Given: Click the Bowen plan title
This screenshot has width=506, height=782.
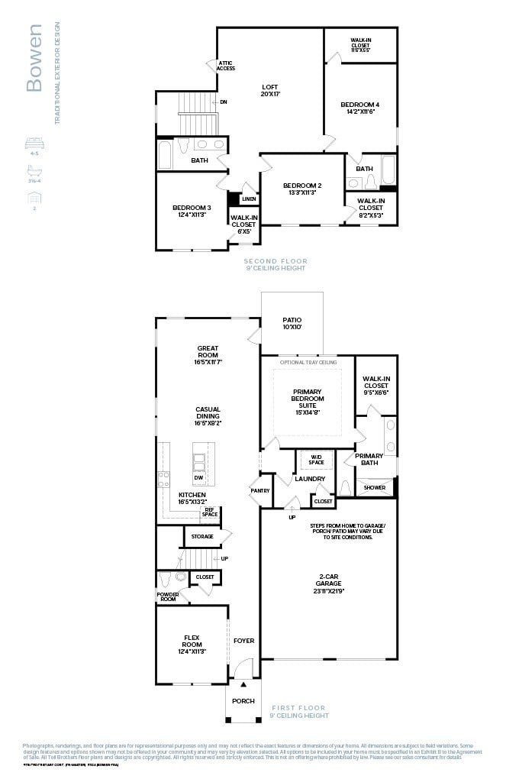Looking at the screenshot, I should coord(34,58).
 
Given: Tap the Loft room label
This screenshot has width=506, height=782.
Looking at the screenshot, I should coord(271,89).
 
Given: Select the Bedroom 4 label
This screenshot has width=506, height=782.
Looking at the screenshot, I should coord(360,108).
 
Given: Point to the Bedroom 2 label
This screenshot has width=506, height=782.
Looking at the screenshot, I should coord(302,189).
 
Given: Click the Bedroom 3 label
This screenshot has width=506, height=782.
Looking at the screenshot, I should coord(192,212).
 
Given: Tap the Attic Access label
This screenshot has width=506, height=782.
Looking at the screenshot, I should coord(226,66).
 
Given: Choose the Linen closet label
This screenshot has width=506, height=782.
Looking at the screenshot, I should coord(248,199).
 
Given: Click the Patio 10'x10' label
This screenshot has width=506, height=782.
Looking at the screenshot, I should coord(292,324).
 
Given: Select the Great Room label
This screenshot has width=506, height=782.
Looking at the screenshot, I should coord(208,352).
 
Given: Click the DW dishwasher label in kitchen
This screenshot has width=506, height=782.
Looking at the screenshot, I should coord(198,478).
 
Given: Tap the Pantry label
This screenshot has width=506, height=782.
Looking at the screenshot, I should coord(260,490).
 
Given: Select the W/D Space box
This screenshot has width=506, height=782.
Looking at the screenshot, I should coord(316,460).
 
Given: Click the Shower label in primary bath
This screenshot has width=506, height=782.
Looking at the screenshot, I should coord(374,487).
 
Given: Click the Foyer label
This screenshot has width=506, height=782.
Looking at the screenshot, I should coord(243,641).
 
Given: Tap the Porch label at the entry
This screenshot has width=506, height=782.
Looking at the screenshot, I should coord(243,700).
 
